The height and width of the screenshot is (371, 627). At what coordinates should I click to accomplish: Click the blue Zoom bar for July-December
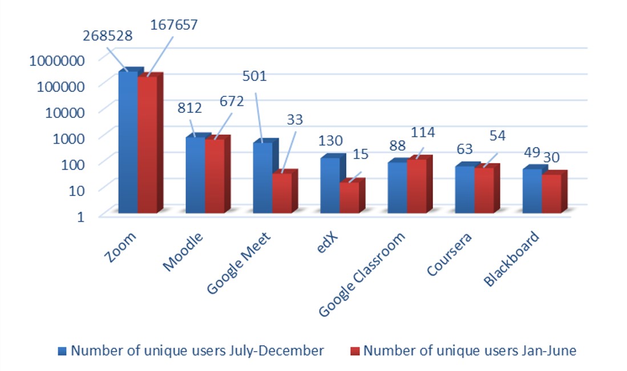(x=128, y=142)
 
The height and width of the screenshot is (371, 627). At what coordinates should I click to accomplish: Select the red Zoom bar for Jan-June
(x=147, y=145)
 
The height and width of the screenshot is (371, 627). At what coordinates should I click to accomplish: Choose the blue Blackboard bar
(x=532, y=191)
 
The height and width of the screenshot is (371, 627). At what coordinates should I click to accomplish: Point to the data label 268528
(x=107, y=35)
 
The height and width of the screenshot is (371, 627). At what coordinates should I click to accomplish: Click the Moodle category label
(x=182, y=251)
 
